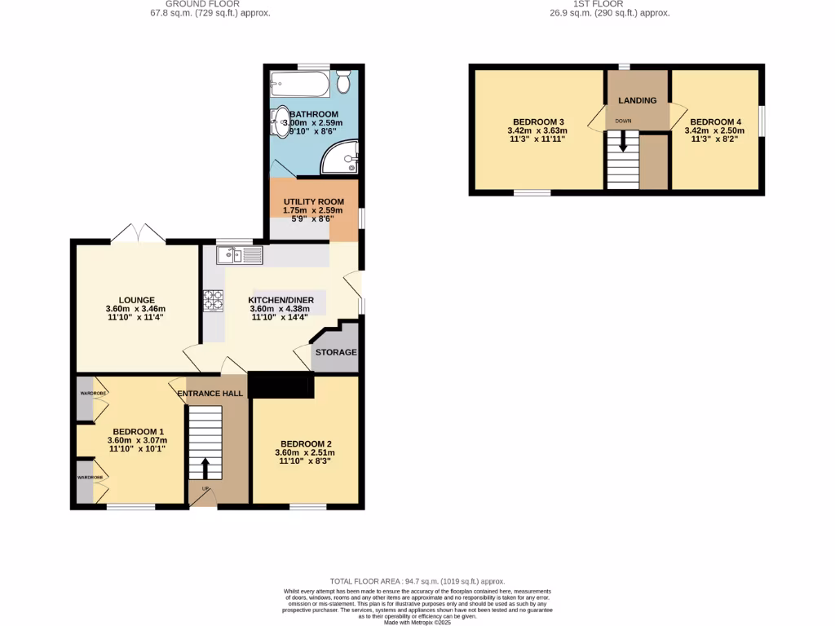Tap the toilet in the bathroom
pyautogui.click(x=344, y=82)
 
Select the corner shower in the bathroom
pyautogui.click(x=340, y=157)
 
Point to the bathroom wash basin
pyautogui.click(x=281, y=123)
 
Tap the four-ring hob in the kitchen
pyautogui.click(x=214, y=302)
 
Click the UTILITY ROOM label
pyautogui.click(x=313, y=201)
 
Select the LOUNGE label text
pyautogui.click(x=135, y=300)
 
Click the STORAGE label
pyautogui.click(x=336, y=352)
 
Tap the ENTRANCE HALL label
pyautogui.click(x=211, y=394)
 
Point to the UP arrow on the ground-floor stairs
pyautogui.click(x=204, y=469)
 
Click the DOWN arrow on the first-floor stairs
pyautogui.click(x=624, y=143)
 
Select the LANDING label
pyautogui.click(x=637, y=100)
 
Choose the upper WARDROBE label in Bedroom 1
pyautogui.click(x=92, y=393)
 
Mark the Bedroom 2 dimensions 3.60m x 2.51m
pyautogui.click(x=304, y=453)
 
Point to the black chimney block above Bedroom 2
pyautogui.click(x=281, y=385)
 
